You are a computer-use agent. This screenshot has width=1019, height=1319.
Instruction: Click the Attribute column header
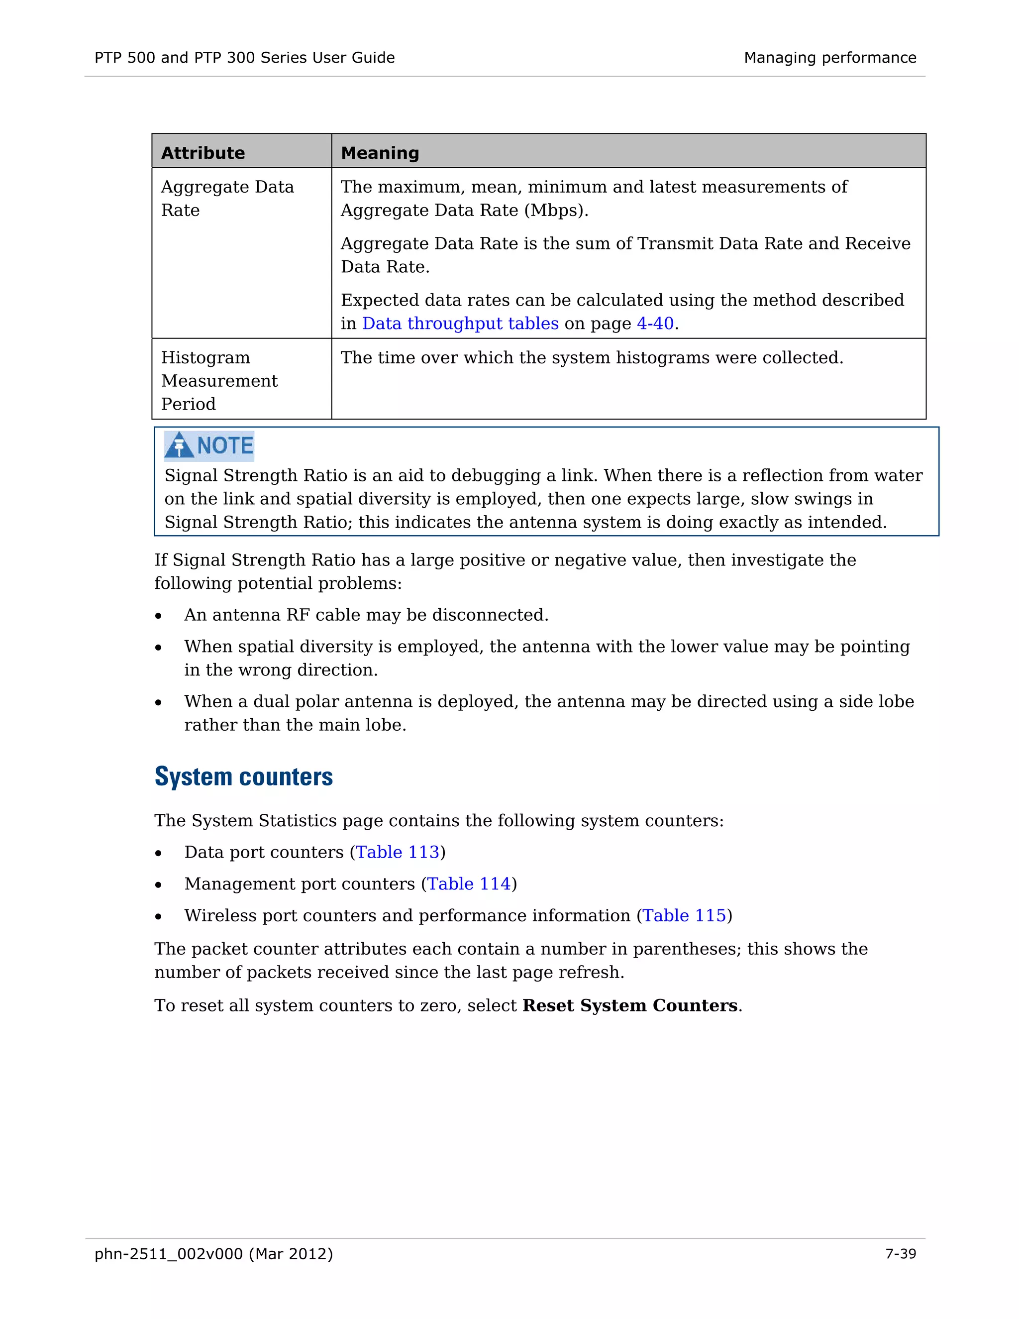203,153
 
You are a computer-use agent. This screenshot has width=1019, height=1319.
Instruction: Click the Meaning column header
380,153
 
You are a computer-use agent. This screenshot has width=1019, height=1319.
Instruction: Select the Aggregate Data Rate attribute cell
227,198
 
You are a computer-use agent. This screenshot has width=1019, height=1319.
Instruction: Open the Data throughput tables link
460,324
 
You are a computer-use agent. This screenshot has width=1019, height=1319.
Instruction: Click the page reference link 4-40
655,324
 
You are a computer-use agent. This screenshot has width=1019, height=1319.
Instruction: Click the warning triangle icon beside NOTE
179,445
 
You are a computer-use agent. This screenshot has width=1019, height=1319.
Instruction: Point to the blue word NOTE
225,445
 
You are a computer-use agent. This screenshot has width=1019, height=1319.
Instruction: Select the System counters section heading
243,776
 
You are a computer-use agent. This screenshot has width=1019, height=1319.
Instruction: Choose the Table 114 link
469,884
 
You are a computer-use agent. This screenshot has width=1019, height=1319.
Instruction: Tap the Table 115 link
684,915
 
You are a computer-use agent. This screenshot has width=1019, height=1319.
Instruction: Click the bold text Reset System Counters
629,1005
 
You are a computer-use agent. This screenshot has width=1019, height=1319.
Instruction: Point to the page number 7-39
900,1254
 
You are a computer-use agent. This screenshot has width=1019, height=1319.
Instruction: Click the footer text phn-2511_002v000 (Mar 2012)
213,1254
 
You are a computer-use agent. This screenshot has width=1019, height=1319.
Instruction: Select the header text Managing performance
830,57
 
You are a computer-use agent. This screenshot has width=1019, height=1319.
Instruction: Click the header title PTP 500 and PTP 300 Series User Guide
244,57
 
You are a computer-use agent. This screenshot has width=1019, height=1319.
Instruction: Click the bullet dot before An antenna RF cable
158,616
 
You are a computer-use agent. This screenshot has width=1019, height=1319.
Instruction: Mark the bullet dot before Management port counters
158,885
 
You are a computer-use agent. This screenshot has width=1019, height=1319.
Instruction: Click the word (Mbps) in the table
555,211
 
